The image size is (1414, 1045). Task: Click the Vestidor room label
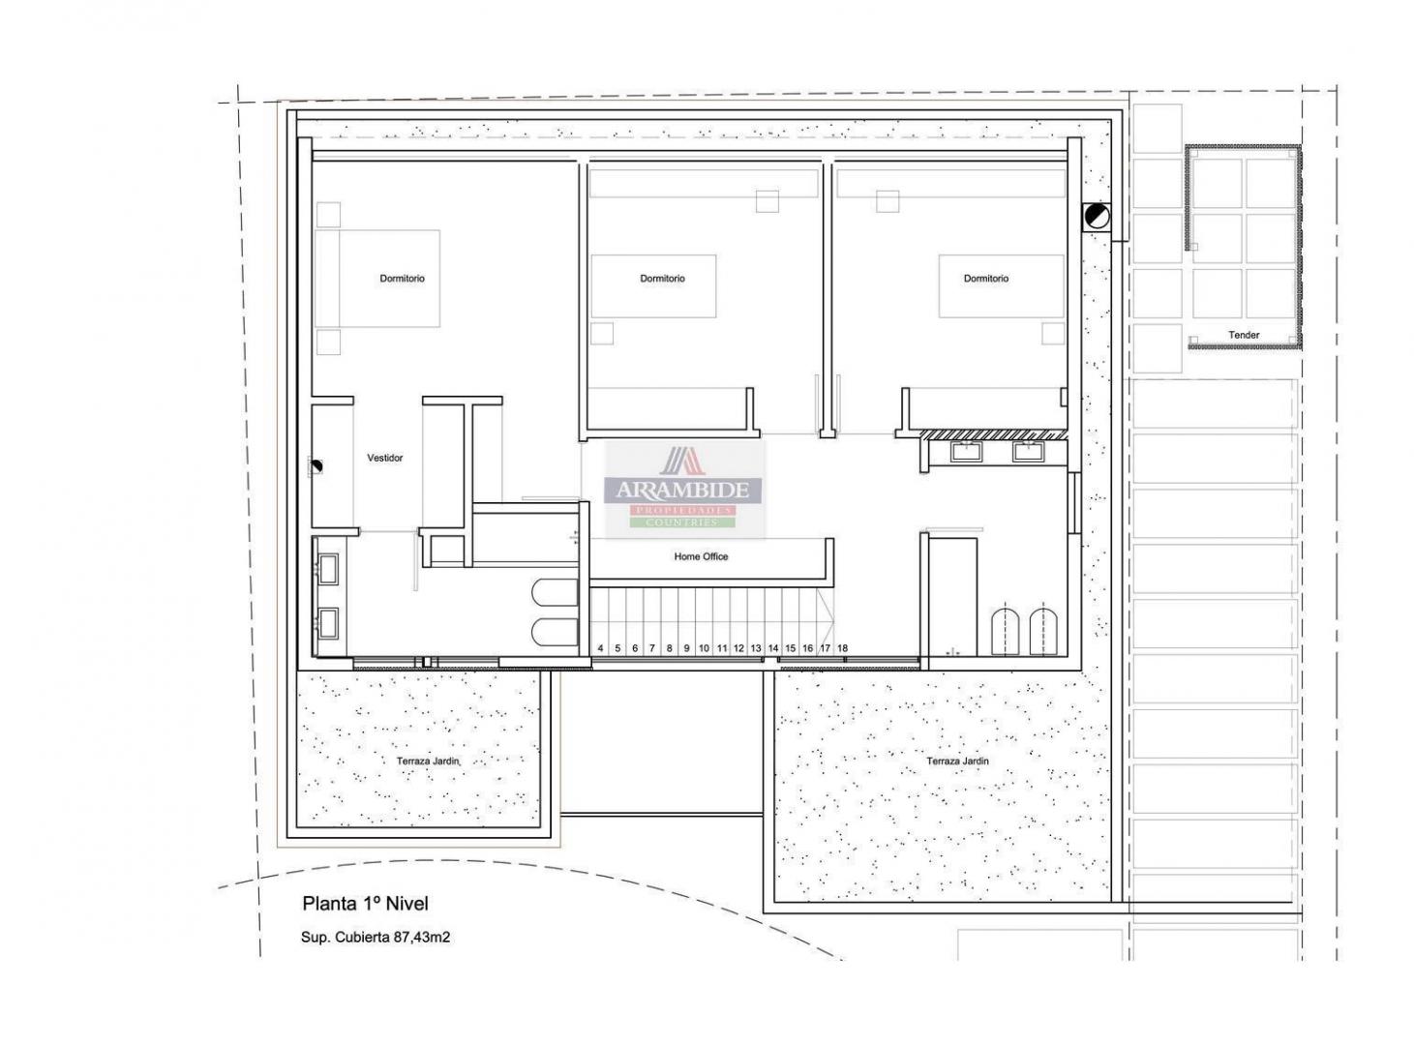[x=384, y=458]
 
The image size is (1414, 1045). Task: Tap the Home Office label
[x=701, y=556]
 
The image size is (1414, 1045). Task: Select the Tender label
[x=1244, y=335]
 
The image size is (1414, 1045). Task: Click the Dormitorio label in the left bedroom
[x=402, y=279]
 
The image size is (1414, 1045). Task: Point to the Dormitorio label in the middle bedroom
[x=662, y=279]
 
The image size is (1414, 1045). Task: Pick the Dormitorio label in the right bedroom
[x=985, y=279]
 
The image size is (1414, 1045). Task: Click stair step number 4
[x=600, y=648]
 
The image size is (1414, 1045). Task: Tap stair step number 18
[x=842, y=648]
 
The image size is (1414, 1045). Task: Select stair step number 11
[x=721, y=648]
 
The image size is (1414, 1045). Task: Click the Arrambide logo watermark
[x=685, y=490]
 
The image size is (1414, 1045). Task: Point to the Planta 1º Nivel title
[x=365, y=904]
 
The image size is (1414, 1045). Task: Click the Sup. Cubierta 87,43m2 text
[x=376, y=938]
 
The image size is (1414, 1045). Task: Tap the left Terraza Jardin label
[x=428, y=761]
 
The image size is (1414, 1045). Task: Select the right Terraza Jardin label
[x=957, y=761]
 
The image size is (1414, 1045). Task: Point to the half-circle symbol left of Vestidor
[x=316, y=467]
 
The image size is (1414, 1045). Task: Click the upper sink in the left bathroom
[x=328, y=568]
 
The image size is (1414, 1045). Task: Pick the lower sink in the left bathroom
[x=328, y=621]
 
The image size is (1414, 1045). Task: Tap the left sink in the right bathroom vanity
[x=964, y=451]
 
